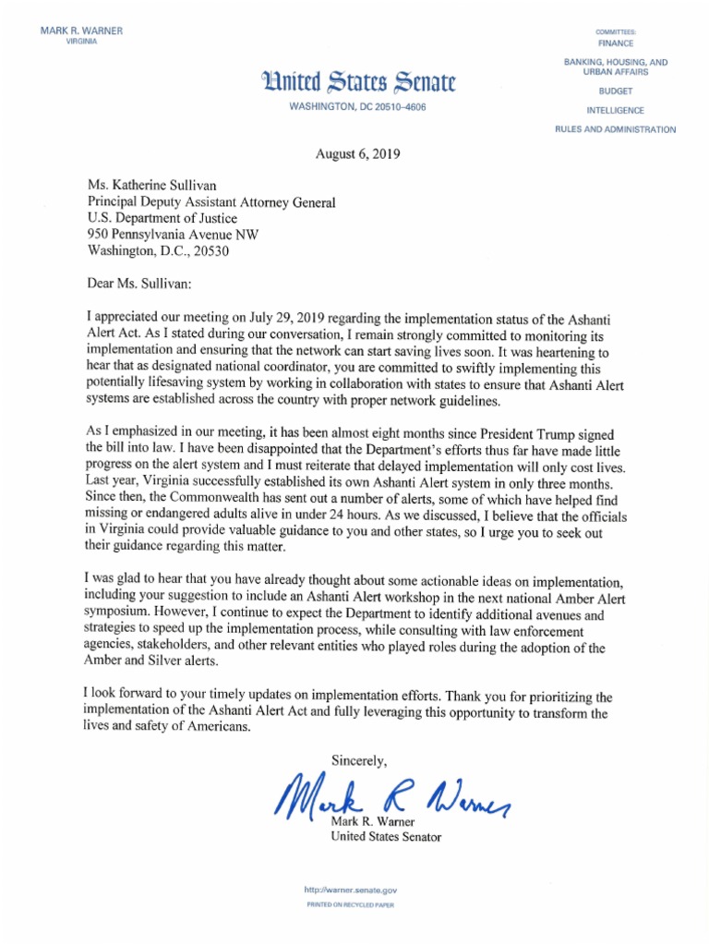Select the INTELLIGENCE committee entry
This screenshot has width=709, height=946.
tap(615, 110)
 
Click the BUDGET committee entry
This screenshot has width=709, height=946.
tap(615, 92)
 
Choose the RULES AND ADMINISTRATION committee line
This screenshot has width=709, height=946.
tap(615, 129)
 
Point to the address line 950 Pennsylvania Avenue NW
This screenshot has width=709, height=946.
tap(173, 234)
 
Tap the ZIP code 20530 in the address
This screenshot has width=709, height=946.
tap(211, 250)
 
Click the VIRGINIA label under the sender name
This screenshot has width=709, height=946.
tap(81, 43)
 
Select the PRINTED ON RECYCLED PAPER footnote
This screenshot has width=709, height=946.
tap(350, 905)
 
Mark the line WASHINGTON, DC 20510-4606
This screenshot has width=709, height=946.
tap(357, 107)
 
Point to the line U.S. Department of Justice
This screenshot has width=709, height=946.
tap(162, 218)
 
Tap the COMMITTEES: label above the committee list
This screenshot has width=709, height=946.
tap(615, 32)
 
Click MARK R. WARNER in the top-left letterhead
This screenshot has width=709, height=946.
tap(81, 31)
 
